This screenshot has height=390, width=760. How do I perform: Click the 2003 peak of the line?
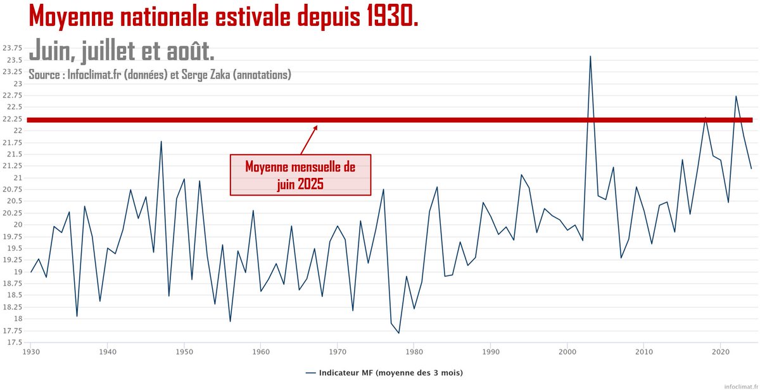tap(590, 56)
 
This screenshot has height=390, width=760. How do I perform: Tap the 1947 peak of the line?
tap(161, 141)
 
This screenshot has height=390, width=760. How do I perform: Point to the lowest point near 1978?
tap(398, 333)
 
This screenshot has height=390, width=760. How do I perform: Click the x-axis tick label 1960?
tap(261, 351)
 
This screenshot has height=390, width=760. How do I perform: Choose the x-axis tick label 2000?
tap(567, 351)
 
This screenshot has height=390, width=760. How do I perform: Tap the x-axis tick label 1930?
tap(31, 351)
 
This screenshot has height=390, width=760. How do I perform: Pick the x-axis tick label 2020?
tap(720, 351)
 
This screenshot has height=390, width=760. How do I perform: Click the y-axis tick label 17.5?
tap(13, 343)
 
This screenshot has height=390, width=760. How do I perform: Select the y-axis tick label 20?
tap(17, 225)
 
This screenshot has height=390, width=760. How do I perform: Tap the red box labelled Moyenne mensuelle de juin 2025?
tap(300, 175)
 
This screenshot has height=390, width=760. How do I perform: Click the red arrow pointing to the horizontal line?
tap(308, 139)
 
